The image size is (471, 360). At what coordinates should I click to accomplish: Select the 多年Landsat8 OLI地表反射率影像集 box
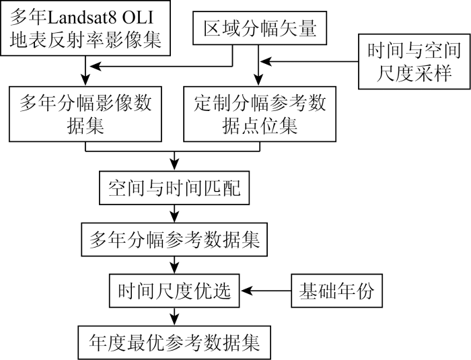pos(85,29)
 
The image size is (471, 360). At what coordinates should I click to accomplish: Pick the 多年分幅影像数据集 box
pos(85,114)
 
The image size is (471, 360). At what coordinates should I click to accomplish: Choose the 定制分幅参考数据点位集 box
pos(260,114)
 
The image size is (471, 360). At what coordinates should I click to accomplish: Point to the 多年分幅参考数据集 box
pos(174,240)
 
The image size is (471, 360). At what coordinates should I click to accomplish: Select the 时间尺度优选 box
pos(174,291)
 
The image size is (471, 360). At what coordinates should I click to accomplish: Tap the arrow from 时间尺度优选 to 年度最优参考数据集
pos(174,316)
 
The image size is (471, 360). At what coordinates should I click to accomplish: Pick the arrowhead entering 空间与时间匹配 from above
pos(174,168)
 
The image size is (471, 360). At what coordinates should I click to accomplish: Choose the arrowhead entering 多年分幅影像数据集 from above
pos(85,81)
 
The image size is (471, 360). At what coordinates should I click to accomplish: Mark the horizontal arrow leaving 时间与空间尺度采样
pos(310,63)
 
